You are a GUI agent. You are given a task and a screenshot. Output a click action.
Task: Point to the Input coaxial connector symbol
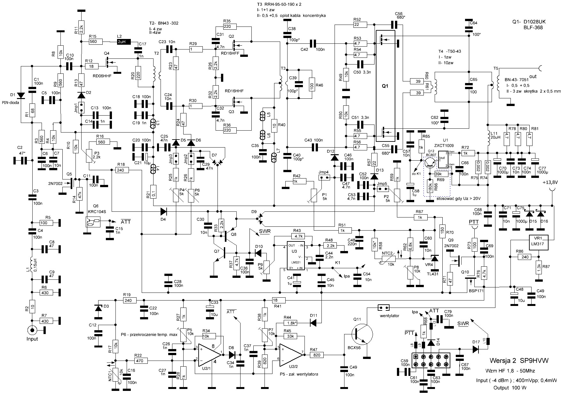(x=32, y=330)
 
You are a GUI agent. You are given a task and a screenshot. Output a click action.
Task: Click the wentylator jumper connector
(x=384, y=308)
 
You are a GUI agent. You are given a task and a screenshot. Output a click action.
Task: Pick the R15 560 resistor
(x=94, y=42)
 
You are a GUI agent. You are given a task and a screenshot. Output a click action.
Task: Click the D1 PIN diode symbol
(x=21, y=95)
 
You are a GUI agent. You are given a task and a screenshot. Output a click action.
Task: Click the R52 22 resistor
(x=360, y=24)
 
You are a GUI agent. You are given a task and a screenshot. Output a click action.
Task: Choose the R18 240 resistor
(x=121, y=170)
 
